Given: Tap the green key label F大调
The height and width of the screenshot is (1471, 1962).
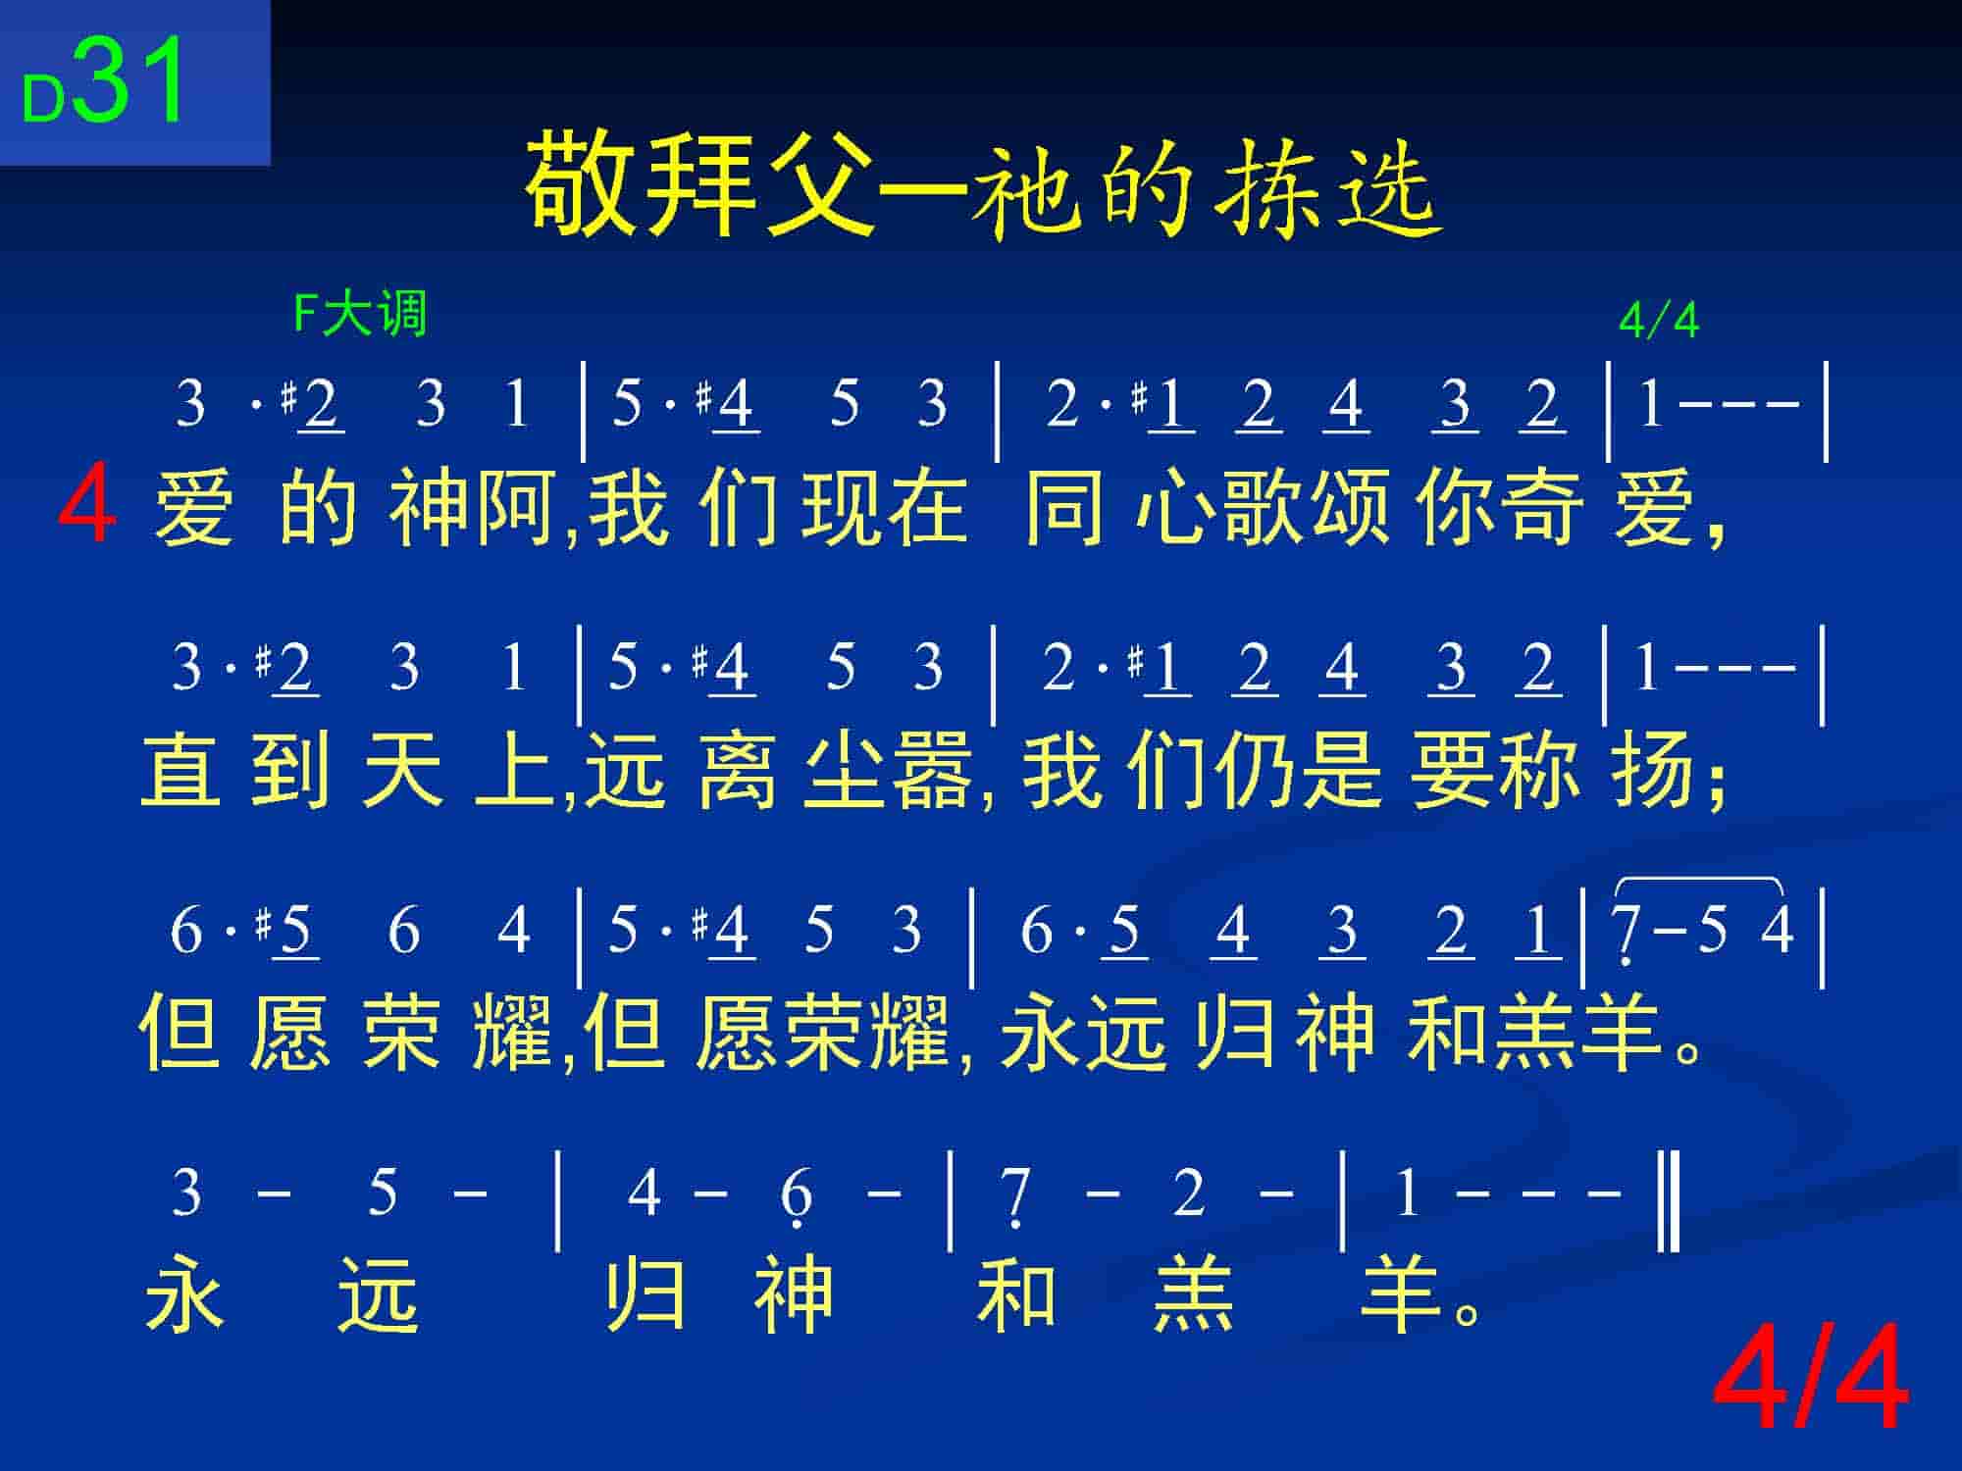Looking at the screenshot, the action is click(360, 315).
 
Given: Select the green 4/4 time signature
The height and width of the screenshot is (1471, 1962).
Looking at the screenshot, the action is click(1659, 320).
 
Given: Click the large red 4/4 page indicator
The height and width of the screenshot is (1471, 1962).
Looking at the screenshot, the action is click(1811, 1378).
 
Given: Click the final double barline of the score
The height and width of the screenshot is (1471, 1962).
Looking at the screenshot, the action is click(1669, 1201).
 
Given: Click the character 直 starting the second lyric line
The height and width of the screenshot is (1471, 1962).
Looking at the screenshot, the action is click(181, 770).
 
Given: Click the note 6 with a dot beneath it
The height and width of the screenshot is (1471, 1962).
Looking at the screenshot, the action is click(796, 1196).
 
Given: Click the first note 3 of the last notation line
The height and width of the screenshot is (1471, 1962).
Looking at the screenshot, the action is click(186, 1192).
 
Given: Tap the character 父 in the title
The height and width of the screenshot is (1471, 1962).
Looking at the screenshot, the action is click(819, 186).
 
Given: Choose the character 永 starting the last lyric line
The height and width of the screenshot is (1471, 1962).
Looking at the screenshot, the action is click(185, 1294).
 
